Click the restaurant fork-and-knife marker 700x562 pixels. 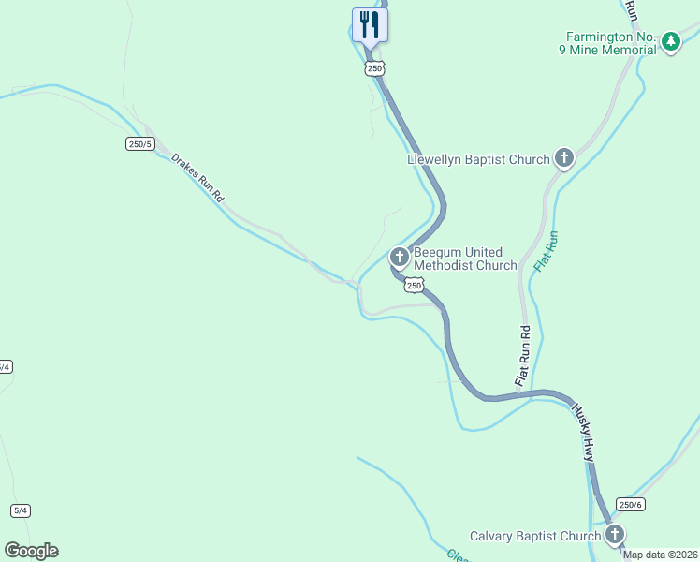coord(370,25)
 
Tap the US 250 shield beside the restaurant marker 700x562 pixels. coord(374,68)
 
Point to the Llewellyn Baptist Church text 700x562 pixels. coord(478,159)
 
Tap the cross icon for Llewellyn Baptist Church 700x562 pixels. coord(564,158)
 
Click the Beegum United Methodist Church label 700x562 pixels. coord(465,259)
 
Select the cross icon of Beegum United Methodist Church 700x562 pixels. coord(400,256)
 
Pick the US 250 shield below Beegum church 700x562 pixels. coord(416,285)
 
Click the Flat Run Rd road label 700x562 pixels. coord(524,355)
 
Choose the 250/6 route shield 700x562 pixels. coord(631,504)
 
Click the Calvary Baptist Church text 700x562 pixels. coord(534,536)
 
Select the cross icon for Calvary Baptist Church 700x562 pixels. coord(615,535)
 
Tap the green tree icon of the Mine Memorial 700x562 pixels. coord(670,41)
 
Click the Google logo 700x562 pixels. coord(31,551)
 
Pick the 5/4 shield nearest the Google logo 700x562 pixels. coord(21,510)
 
